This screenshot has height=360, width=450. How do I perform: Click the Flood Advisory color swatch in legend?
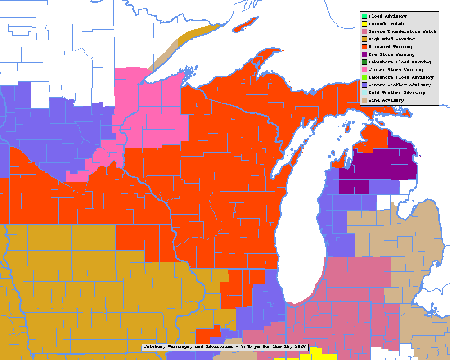point(364,16)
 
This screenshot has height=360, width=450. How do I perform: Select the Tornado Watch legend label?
point(386,24)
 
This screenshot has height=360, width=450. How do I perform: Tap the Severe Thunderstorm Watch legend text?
point(402,31)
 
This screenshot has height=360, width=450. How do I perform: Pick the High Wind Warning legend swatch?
point(364,39)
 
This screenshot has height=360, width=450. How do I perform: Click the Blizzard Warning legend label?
point(390,47)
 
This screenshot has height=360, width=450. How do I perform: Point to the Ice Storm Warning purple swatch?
point(364,54)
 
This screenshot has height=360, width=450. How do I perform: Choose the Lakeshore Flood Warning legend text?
point(400,62)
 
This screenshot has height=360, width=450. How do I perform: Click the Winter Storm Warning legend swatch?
point(364,70)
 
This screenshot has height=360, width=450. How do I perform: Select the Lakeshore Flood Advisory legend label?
point(401,77)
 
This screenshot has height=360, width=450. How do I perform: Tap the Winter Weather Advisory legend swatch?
point(364,85)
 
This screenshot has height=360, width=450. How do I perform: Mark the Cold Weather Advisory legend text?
point(397,93)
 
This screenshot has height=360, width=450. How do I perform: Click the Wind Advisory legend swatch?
point(364,100)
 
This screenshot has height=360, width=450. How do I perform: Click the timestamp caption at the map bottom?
point(225,347)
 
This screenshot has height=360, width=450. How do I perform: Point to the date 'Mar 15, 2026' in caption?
point(288,347)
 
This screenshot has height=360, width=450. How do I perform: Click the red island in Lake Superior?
point(247,24)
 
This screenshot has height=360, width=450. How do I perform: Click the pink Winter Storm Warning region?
point(153,112)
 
